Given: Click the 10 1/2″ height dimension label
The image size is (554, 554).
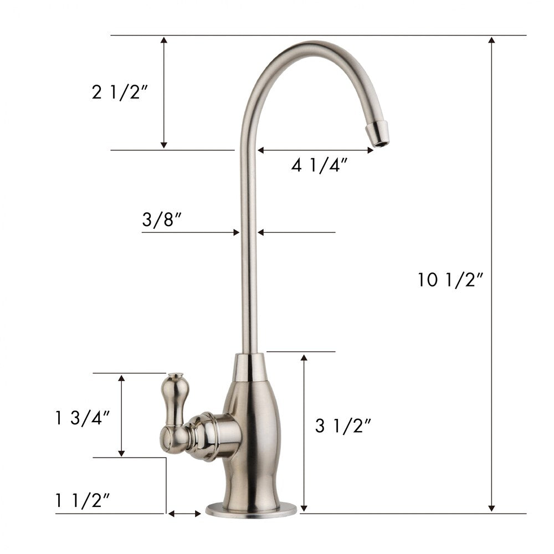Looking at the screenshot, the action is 450,280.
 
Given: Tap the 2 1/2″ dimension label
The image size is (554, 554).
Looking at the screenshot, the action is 120,92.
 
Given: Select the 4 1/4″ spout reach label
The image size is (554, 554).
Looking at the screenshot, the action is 320,165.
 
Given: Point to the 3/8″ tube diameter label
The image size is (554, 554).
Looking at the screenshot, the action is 161,220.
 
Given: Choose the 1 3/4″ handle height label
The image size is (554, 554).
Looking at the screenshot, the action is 83,418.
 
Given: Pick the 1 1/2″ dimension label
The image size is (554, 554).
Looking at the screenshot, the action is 83,501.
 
